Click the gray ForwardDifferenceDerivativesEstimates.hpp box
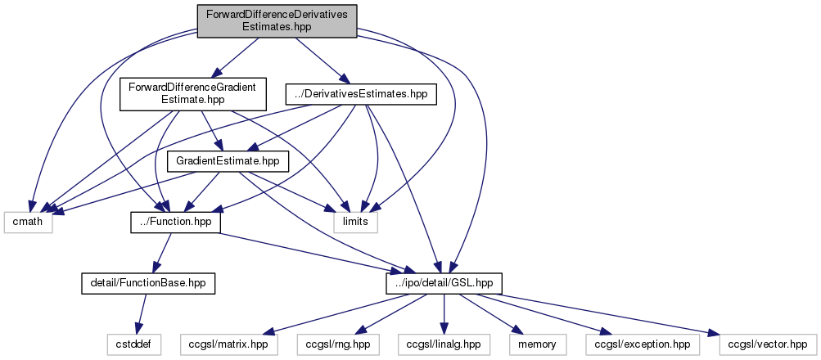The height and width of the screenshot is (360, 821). coord(277,20)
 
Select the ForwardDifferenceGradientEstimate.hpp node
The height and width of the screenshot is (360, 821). coord(192,94)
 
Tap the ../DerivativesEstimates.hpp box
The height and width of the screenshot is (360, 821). coord(361,95)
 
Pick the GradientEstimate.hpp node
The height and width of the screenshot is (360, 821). coord(228,161)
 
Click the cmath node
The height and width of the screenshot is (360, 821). coord(28,222)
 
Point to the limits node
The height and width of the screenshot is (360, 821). coord(356,222)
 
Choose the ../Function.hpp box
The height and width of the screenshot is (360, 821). coord(175,222)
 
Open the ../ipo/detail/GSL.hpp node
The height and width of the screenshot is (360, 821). coord(444,283)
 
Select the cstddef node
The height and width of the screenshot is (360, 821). coord(131,344)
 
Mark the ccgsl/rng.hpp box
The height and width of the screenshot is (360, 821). coord(335,344)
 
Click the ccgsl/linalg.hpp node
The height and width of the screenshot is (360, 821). coord(443,344)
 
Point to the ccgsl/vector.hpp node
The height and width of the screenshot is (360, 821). coord(767,344)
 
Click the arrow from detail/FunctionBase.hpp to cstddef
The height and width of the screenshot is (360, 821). coord(140,314)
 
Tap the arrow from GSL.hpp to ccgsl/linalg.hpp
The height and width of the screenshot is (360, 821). coord(444,314)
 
